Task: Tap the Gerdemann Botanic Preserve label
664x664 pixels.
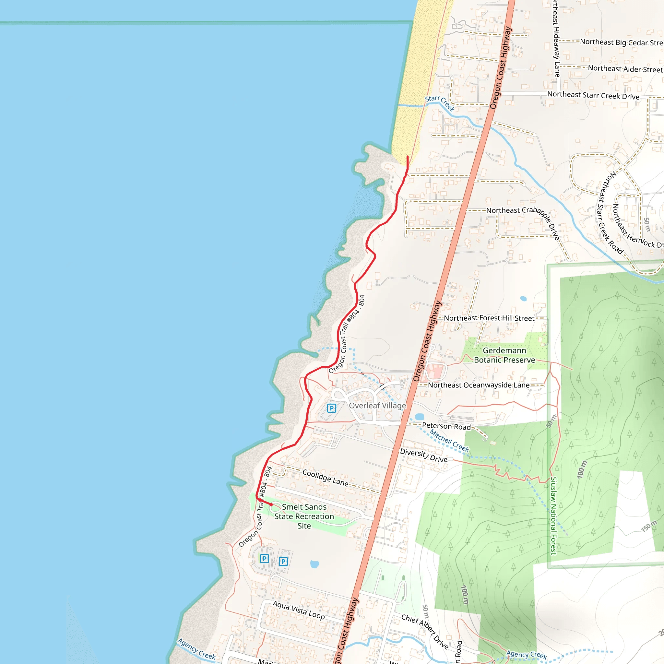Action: point(504,355)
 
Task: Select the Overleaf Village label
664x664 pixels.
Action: point(377,406)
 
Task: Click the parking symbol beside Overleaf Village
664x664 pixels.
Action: point(331,408)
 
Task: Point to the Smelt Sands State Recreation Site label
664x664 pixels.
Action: point(304,516)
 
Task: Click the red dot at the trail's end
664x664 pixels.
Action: point(271,504)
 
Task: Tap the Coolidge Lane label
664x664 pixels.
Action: point(325,477)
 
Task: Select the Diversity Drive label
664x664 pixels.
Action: point(424,456)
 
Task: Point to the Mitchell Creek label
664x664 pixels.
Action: point(449,441)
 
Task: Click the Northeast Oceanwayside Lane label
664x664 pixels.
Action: point(479,385)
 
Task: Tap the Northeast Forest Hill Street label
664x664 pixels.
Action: point(489,318)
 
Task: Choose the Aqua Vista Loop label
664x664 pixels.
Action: point(298,610)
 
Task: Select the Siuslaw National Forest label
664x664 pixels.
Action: point(553,515)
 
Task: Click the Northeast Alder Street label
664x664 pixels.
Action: point(625,69)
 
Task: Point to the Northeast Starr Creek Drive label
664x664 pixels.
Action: point(593,95)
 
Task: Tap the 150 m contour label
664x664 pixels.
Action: point(648,526)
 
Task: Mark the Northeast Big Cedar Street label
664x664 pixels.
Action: point(622,42)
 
